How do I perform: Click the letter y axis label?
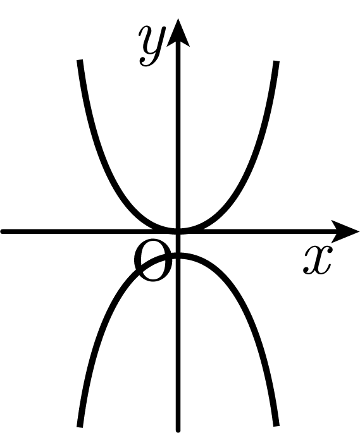pos(152,46)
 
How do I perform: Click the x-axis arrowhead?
pos(345,231)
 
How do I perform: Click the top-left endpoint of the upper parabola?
pos(80,60)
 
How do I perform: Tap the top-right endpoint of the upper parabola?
pos(276,61)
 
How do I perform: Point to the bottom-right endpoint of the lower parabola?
pos(276,425)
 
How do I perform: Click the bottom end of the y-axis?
pos(178,430)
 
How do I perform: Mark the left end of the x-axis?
pos(2,231)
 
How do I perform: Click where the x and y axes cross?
pos(178,231)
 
